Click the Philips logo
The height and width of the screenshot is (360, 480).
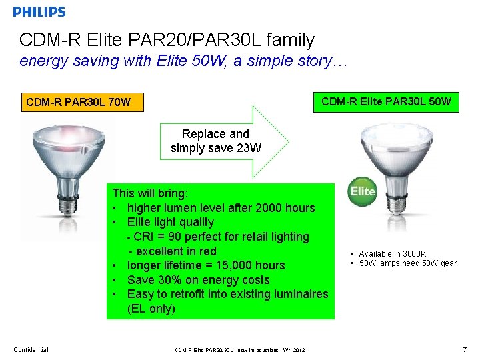point(39,12)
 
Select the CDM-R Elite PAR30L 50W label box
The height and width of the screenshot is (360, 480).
point(386,102)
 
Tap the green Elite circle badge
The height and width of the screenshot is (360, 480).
point(363,191)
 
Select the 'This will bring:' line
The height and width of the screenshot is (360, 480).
point(150,193)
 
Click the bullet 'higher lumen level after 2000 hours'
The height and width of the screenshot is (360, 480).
point(220,208)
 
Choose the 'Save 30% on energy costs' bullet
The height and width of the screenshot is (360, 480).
point(198,280)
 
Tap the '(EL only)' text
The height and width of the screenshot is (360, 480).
point(151,309)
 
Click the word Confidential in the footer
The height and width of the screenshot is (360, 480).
point(31,349)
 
